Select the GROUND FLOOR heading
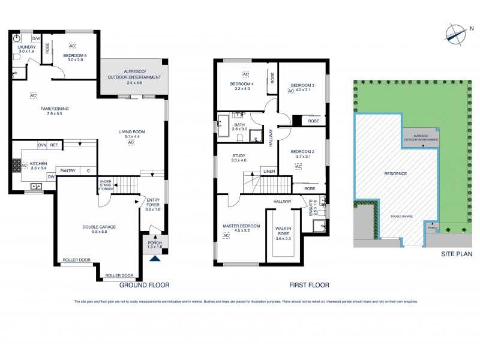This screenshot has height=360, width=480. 143,285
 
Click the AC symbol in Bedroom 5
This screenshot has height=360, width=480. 72,46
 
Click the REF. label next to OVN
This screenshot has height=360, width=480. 54,145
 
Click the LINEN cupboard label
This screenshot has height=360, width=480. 269,171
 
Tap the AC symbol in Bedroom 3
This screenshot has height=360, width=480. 290,91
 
